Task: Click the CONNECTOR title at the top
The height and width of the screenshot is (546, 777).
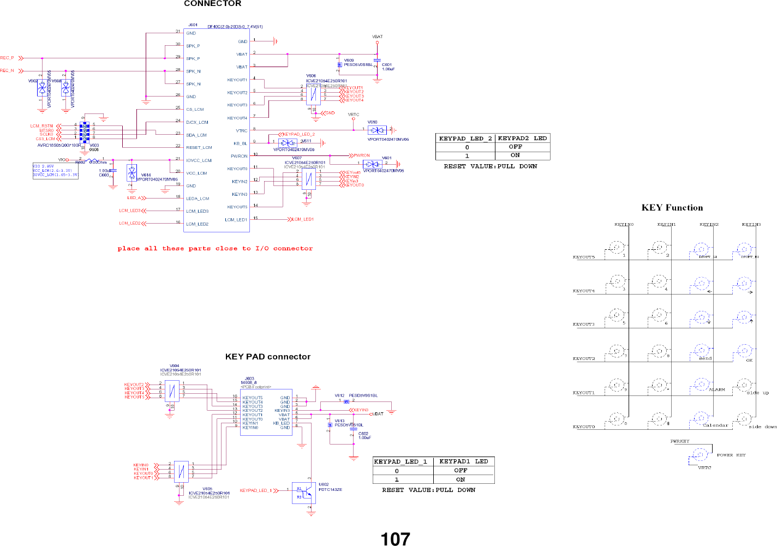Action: pos(212,4)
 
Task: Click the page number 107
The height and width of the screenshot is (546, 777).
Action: pos(395,538)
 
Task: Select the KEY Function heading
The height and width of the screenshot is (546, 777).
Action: pos(672,207)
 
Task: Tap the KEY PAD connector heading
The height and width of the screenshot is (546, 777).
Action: pos(267,357)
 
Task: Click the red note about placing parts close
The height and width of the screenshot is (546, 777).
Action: pos(215,249)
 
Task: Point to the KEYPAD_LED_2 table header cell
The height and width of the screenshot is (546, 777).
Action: pos(465,139)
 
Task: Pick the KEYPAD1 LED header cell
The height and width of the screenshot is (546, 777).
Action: pos(463,461)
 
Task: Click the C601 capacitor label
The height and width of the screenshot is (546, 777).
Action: pos(387,65)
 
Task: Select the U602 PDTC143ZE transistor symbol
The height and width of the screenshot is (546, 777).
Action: pos(304,493)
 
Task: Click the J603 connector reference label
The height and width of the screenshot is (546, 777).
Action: pos(249,379)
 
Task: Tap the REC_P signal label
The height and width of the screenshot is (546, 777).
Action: pos(7,58)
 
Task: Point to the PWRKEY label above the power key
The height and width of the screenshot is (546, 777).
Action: pos(679,441)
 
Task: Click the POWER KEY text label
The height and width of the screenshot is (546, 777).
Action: pos(731,455)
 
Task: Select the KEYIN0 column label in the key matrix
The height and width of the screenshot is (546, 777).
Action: pos(624,224)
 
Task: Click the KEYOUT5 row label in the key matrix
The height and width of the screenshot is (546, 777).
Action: pos(583,257)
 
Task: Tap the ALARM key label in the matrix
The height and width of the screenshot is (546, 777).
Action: pos(716,390)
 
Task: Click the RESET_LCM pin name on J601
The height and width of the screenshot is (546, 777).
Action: pos(199,147)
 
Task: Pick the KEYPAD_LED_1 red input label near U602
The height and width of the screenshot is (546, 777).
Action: pos(255,490)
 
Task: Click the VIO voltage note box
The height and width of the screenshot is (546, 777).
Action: pos(55,171)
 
